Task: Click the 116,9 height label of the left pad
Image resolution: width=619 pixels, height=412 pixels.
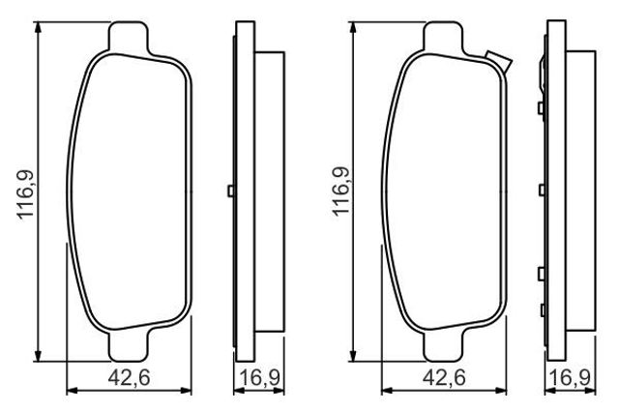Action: point(26,194)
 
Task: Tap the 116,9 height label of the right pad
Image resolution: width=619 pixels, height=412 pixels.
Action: point(341,191)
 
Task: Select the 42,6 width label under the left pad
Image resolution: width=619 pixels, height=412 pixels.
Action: point(129,377)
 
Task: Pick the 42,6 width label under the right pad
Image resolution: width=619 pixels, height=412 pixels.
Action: point(444,377)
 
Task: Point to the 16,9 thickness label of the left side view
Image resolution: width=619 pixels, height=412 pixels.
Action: point(260,377)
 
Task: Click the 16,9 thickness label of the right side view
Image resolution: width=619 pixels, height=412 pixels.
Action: point(571,377)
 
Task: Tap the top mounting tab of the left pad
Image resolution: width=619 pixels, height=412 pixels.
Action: point(129,37)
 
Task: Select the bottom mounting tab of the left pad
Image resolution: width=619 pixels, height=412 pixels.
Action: point(129,345)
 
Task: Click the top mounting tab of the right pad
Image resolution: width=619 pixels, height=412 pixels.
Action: point(443,37)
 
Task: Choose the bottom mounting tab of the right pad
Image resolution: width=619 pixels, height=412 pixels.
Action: point(443,345)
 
